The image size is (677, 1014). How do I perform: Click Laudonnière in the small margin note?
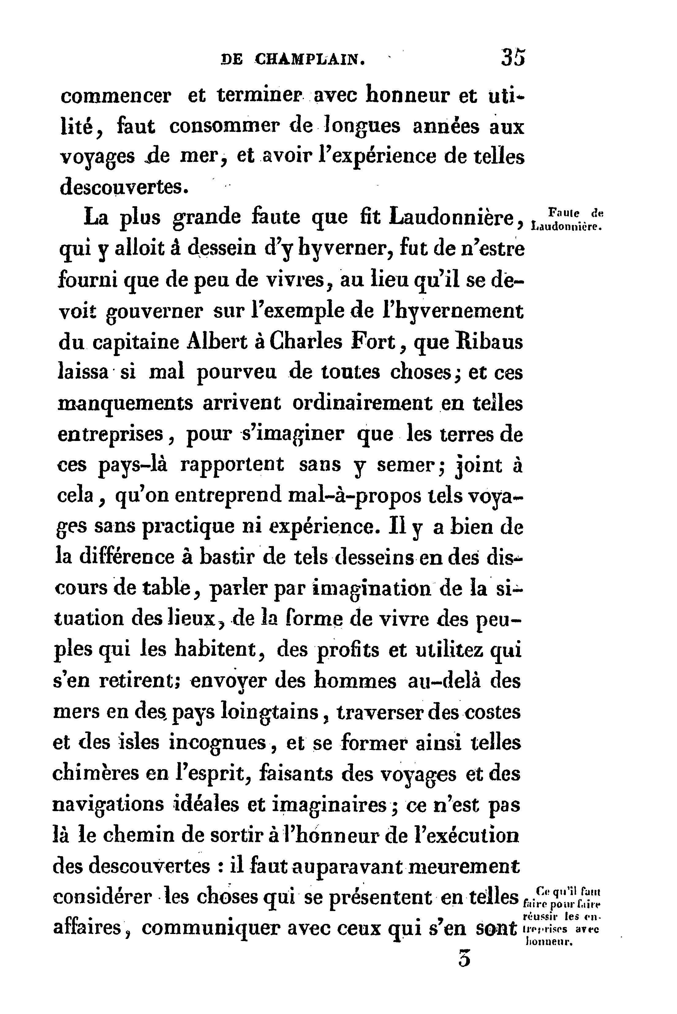pos(566,226)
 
